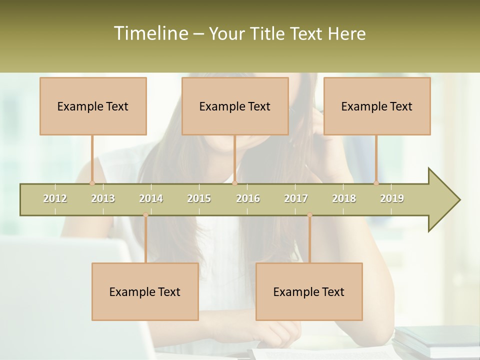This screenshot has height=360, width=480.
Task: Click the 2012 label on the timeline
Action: (x=55, y=198)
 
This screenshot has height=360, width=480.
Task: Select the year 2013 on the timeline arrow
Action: (x=103, y=198)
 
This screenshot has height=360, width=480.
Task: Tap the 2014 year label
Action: (x=151, y=198)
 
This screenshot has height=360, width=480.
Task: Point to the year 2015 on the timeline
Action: (x=199, y=198)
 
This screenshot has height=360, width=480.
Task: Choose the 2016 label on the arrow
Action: (x=248, y=198)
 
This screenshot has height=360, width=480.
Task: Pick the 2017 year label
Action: (x=296, y=198)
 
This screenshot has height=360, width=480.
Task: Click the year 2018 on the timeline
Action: (x=344, y=198)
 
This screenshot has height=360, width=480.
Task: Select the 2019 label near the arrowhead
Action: (x=392, y=198)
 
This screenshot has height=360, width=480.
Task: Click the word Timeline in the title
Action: (x=149, y=33)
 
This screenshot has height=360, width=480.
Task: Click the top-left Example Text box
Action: (x=93, y=106)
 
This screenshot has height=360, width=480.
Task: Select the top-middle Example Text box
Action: (x=235, y=106)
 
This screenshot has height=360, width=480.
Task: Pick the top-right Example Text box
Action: (x=377, y=106)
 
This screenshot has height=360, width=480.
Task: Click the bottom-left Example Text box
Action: (x=145, y=291)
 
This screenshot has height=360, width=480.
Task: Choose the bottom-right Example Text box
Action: (x=309, y=291)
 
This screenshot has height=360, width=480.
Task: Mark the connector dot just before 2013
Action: (x=92, y=183)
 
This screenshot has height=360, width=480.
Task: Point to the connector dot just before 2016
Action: (x=235, y=183)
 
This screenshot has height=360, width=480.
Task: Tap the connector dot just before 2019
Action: (x=376, y=183)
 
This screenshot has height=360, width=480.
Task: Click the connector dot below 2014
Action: (x=145, y=215)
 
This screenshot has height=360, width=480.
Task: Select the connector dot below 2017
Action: (x=309, y=215)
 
